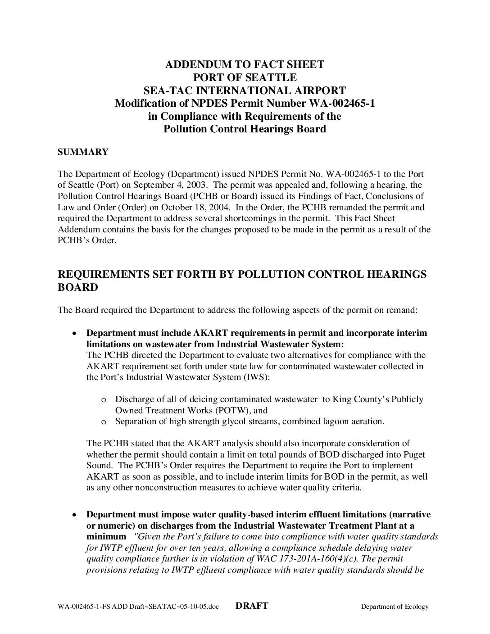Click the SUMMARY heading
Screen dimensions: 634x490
pyautogui.click(x=83, y=152)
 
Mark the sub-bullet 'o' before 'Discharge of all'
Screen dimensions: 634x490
pyautogui.click(x=104, y=400)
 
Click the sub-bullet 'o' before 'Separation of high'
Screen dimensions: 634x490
pyautogui.click(x=104, y=422)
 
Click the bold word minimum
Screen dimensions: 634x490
pyautogui.click(x=106, y=536)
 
